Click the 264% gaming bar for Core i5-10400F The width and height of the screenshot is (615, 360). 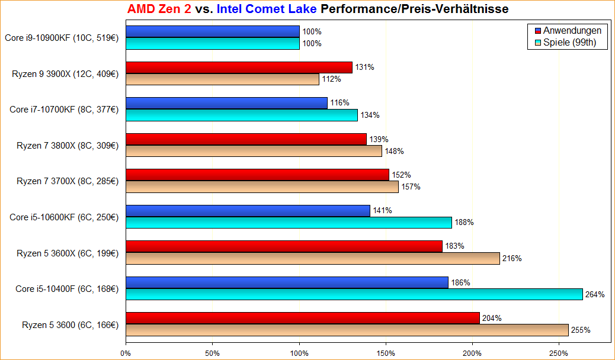[x=354, y=294]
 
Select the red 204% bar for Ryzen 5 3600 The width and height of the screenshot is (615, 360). [x=302, y=318]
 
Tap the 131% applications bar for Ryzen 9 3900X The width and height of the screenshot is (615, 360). [x=239, y=67]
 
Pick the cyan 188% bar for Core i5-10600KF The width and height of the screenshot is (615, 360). [x=289, y=223]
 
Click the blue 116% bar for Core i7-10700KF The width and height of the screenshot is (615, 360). [x=226, y=103]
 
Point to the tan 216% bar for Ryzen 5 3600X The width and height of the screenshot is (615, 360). [x=312, y=258]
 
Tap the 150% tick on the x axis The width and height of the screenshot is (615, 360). [x=386, y=353]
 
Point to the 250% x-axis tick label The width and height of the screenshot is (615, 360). [x=559, y=353]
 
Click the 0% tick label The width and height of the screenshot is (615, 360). [x=126, y=353]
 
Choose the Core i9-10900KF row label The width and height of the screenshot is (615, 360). [x=62, y=38]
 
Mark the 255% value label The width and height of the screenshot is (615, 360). [x=581, y=330]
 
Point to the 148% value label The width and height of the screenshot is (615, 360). [x=394, y=151]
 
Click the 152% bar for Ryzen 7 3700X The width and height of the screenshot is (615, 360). [x=257, y=175]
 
